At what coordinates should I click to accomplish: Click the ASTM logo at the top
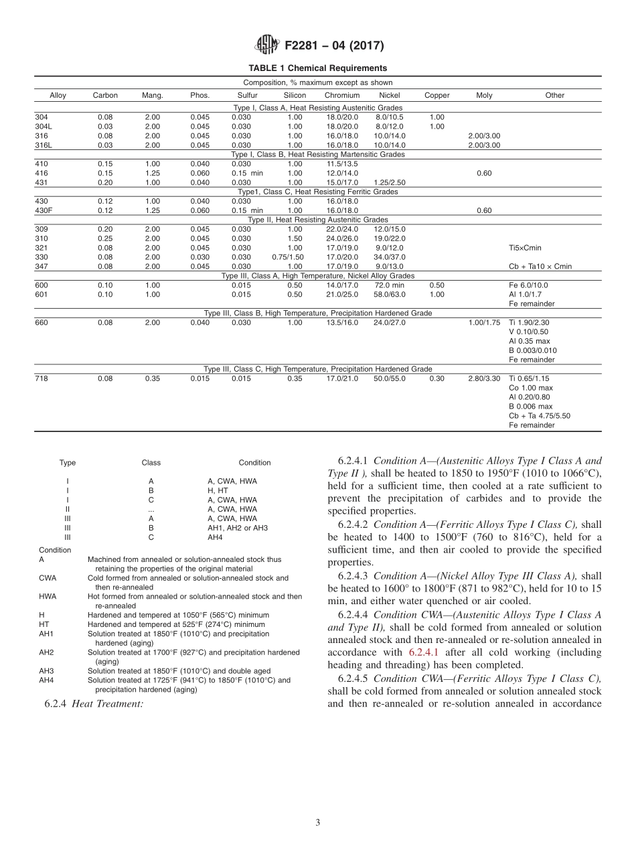267,46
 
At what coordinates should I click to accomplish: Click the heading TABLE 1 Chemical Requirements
317,68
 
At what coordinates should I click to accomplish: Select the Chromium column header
341,95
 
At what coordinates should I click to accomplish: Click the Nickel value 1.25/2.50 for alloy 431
389,182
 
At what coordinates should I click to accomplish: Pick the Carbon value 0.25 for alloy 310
105,238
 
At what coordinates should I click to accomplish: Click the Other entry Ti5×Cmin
525,248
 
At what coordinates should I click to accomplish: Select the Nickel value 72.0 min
389,285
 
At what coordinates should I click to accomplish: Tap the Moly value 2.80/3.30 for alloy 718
483,378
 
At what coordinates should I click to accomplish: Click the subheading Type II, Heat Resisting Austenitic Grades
317,220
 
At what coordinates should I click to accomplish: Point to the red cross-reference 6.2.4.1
423,652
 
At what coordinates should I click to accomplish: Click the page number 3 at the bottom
317,823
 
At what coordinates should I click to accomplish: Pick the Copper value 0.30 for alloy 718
436,378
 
